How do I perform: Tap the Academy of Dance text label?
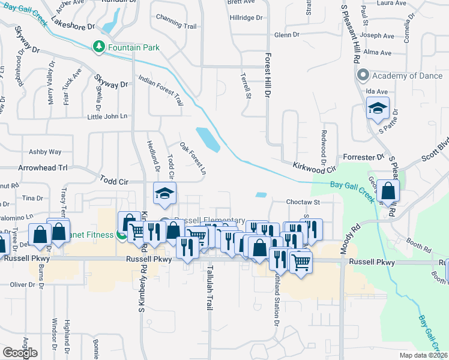407,76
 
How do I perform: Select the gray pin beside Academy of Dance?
363,76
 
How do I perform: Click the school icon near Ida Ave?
377,109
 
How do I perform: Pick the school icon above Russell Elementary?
162,194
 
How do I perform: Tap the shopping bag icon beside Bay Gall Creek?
389,192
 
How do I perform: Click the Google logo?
20,353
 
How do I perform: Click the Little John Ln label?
108,116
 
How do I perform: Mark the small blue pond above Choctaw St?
261,194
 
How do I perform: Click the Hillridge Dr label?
247,17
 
